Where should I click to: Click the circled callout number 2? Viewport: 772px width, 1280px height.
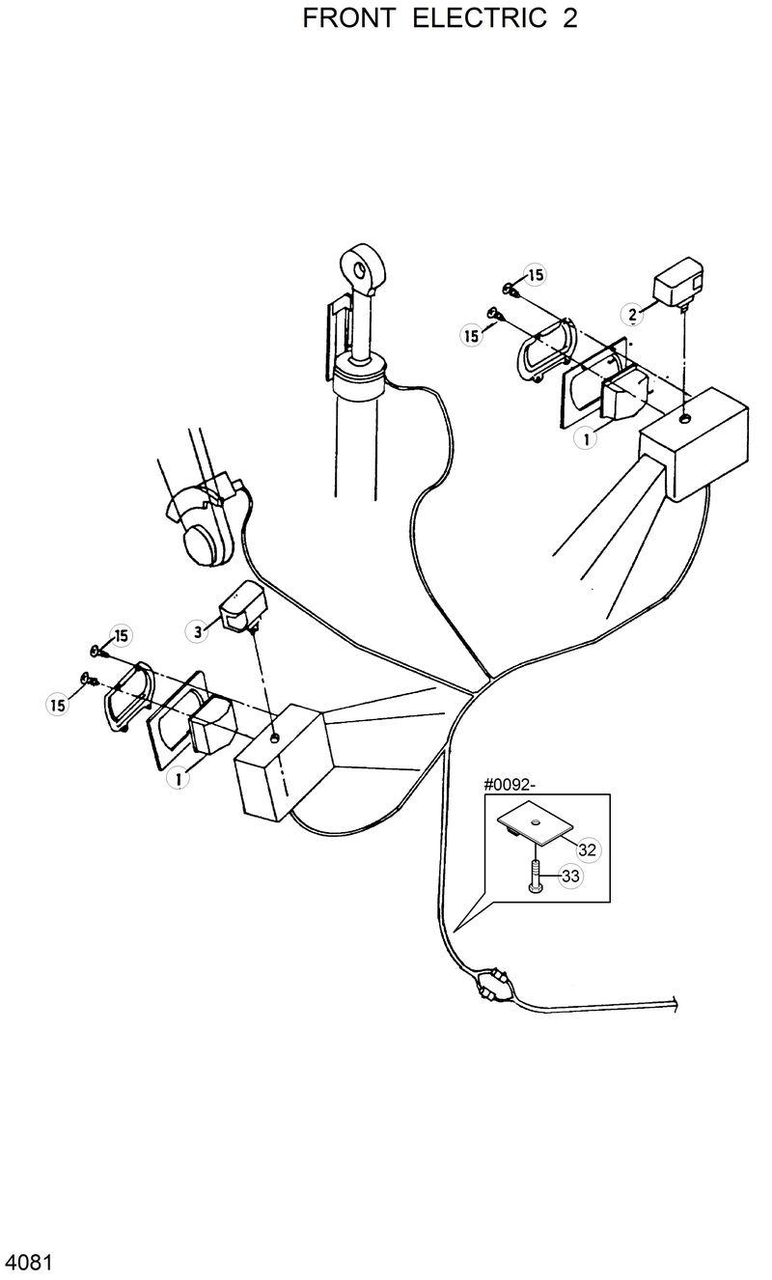[x=633, y=314]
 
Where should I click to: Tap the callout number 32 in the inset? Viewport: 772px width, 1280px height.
[x=588, y=849]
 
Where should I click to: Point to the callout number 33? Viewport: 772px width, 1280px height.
[x=569, y=877]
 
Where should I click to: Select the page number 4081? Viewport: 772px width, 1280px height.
[x=28, y=1263]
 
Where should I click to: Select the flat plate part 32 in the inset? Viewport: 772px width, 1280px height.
[x=536, y=824]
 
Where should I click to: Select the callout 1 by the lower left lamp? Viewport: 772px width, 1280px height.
[x=176, y=776]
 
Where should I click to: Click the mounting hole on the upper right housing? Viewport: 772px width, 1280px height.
[x=683, y=418]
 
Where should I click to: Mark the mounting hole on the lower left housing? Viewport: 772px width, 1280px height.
[x=276, y=738]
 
